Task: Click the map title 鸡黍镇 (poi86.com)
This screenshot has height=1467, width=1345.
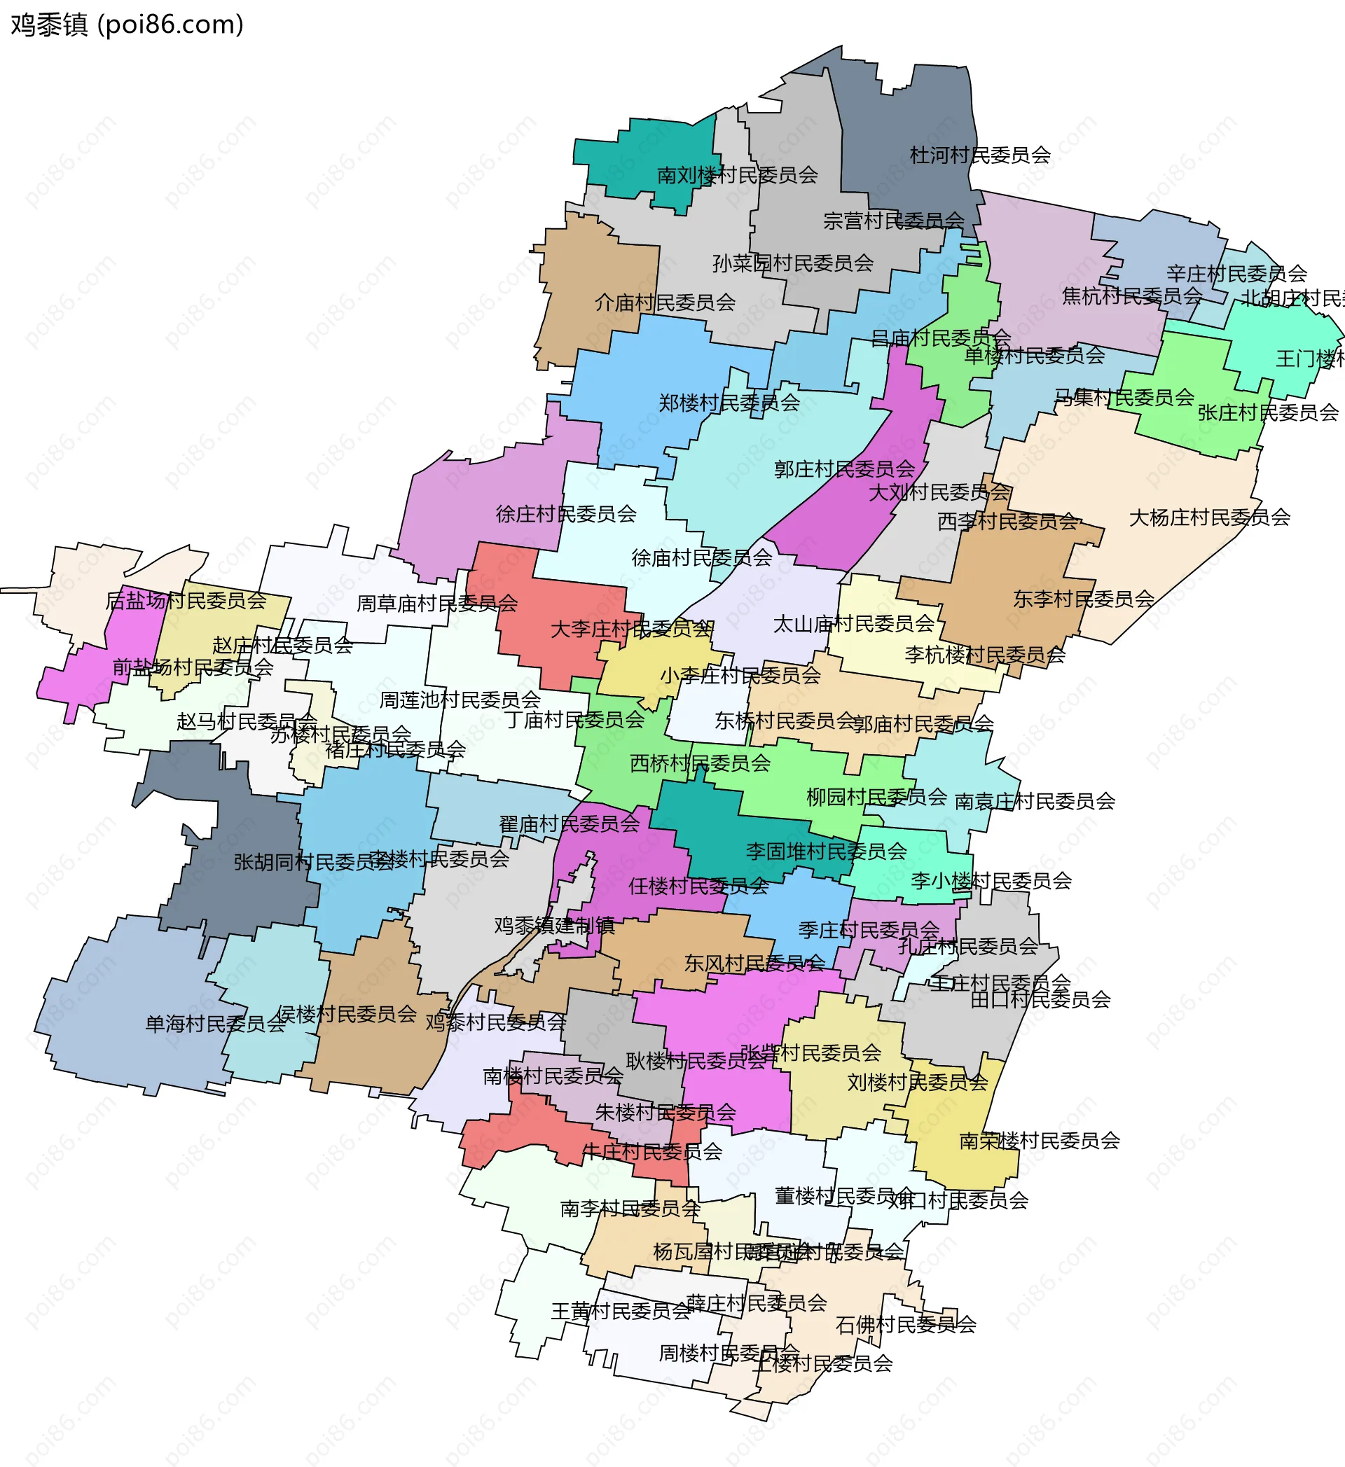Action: point(127,25)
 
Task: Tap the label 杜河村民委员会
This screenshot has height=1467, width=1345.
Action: point(979,155)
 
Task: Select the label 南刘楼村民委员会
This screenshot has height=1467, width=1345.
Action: point(737,174)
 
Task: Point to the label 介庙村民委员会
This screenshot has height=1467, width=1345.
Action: point(665,302)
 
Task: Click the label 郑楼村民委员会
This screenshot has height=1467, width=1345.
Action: point(729,403)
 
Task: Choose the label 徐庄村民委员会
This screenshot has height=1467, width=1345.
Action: point(565,514)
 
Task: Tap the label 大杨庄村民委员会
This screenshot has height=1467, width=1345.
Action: point(1209,517)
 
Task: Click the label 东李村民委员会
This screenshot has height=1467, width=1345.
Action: point(1083,599)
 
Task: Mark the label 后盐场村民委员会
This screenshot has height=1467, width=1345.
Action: point(186,600)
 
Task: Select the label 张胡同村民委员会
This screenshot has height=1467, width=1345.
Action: point(313,862)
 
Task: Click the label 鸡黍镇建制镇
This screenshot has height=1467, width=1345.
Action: point(554,926)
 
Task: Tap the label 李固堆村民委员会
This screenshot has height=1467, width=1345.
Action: point(826,851)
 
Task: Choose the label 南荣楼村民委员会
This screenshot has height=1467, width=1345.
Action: point(1039,1140)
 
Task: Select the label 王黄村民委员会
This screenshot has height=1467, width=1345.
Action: point(620,1311)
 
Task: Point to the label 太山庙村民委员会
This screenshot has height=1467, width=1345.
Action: point(853,624)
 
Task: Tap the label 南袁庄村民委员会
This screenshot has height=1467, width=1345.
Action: point(1034,801)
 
